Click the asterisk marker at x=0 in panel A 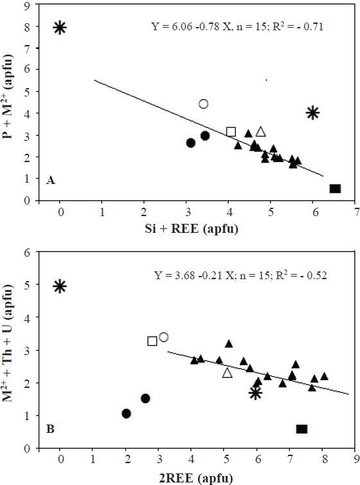pyautogui.click(x=60, y=27)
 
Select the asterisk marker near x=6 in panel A pyautogui.click(x=313, y=113)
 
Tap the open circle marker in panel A pyautogui.click(x=204, y=104)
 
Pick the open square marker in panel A pyautogui.click(x=231, y=132)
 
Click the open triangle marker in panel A pyautogui.click(x=261, y=132)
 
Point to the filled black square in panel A pyautogui.click(x=335, y=188)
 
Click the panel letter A pyautogui.click(x=50, y=182)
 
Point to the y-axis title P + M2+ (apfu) pyautogui.click(x=10, y=102)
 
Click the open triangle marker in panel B pyautogui.click(x=227, y=373)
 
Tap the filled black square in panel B pyautogui.click(x=301, y=429)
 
